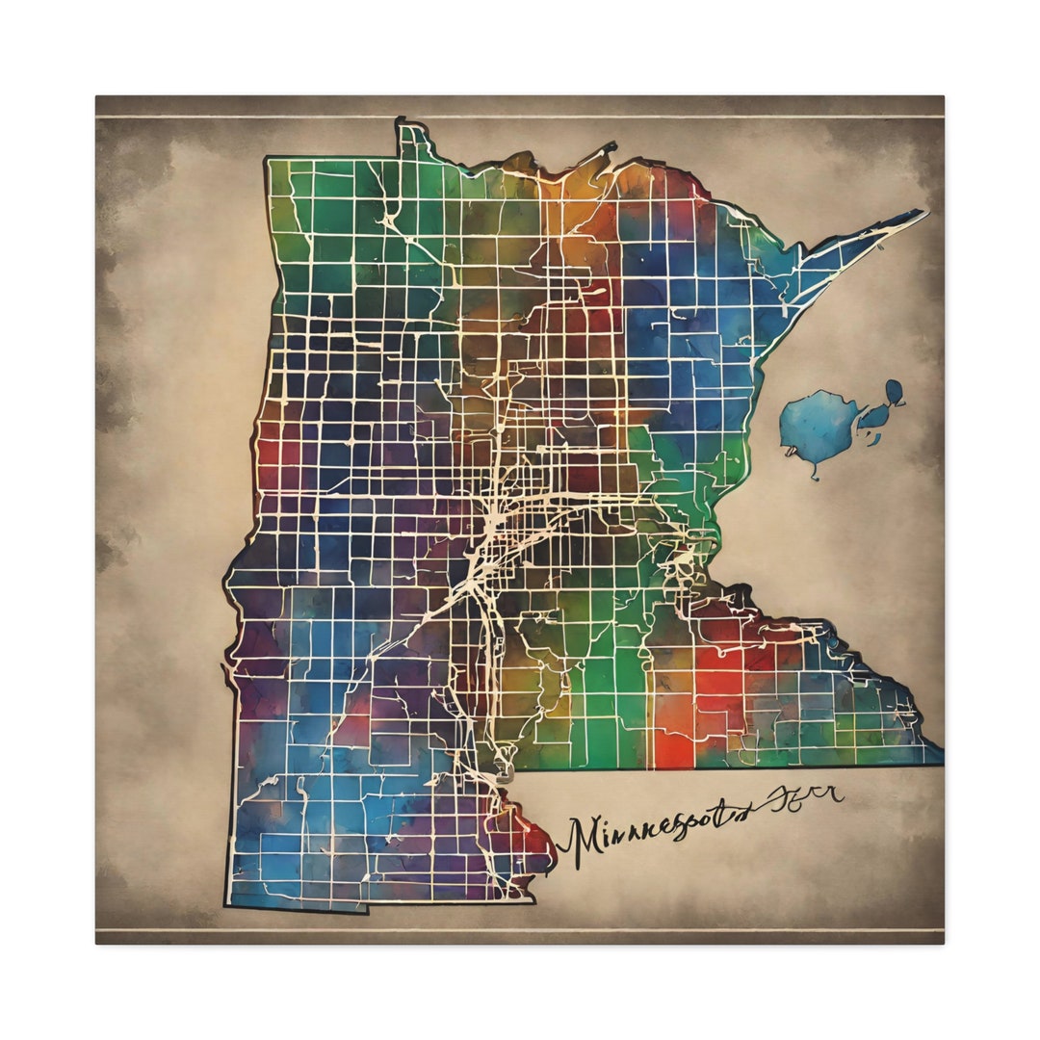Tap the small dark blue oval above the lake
pyautogui.click(x=895, y=392)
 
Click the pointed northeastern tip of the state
pyautogui.click(x=925, y=213)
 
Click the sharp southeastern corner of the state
pyautogui.click(x=941, y=762)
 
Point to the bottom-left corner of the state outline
pyautogui.click(x=227, y=905)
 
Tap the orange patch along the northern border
pyautogui.click(x=578, y=193)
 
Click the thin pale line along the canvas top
pyautogui.click(x=520, y=117)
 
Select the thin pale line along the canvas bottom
pyautogui.click(x=520, y=930)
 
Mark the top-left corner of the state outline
pyautogui.click(x=267, y=160)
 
